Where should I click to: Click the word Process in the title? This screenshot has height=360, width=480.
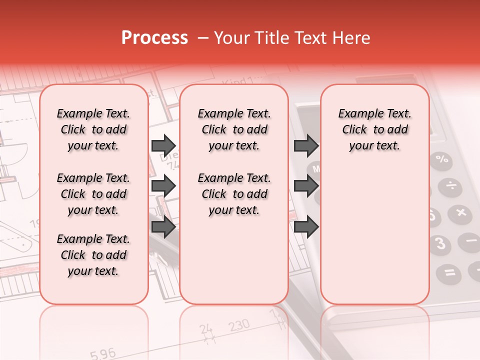[x=154, y=38]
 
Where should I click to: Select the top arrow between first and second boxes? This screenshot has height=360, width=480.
[x=163, y=145]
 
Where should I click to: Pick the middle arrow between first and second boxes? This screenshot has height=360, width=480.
[x=163, y=186]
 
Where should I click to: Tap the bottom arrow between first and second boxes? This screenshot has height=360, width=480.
[x=163, y=227]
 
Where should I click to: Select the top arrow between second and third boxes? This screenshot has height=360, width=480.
[x=306, y=145]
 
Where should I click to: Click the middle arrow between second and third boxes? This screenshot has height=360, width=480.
[x=306, y=186]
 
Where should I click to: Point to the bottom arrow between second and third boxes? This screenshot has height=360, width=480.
[x=306, y=227]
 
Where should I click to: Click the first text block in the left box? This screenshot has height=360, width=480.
[x=93, y=129]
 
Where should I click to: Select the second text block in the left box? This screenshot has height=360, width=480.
[x=93, y=194]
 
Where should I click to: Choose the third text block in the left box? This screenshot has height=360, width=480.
[x=93, y=255]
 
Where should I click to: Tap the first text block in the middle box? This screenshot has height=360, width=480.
[x=234, y=129]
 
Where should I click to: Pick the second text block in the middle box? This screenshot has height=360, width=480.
[x=234, y=194]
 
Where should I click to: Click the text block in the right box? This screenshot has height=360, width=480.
[x=374, y=129]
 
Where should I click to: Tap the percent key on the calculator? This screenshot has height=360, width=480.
[x=442, y=160]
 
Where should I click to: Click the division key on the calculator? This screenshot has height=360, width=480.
[x=451, y=186]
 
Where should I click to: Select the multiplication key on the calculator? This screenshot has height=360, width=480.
[x=460, y=213]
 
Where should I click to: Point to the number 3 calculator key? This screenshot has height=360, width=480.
[x=440, y=243]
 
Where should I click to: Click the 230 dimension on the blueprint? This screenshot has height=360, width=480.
[x=239, y=326]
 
